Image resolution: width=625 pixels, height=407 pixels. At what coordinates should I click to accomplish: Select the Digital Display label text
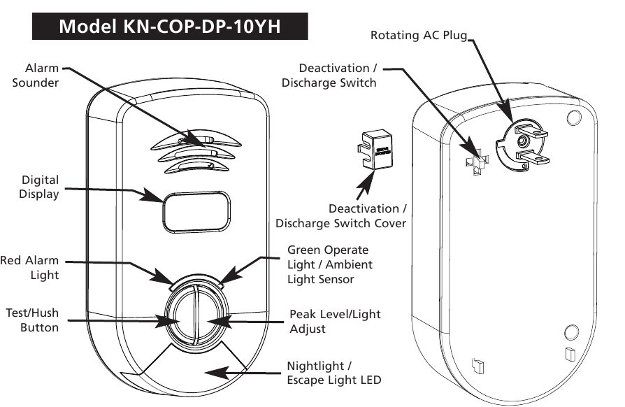(x=39, y=187)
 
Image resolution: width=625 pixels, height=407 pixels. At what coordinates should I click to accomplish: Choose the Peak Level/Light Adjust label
(x=335, y=321)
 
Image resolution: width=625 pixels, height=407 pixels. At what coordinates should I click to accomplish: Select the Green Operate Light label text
(x=329, y=264)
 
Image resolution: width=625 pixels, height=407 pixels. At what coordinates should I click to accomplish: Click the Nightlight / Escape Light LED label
(x=334, y=373)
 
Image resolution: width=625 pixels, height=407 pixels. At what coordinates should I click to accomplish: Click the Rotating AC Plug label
(x=418, y=35)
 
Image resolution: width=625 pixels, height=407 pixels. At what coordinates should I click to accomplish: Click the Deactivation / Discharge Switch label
(x=329, y=76)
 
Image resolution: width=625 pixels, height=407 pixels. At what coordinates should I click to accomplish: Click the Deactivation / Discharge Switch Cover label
(x=341, y=216)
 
